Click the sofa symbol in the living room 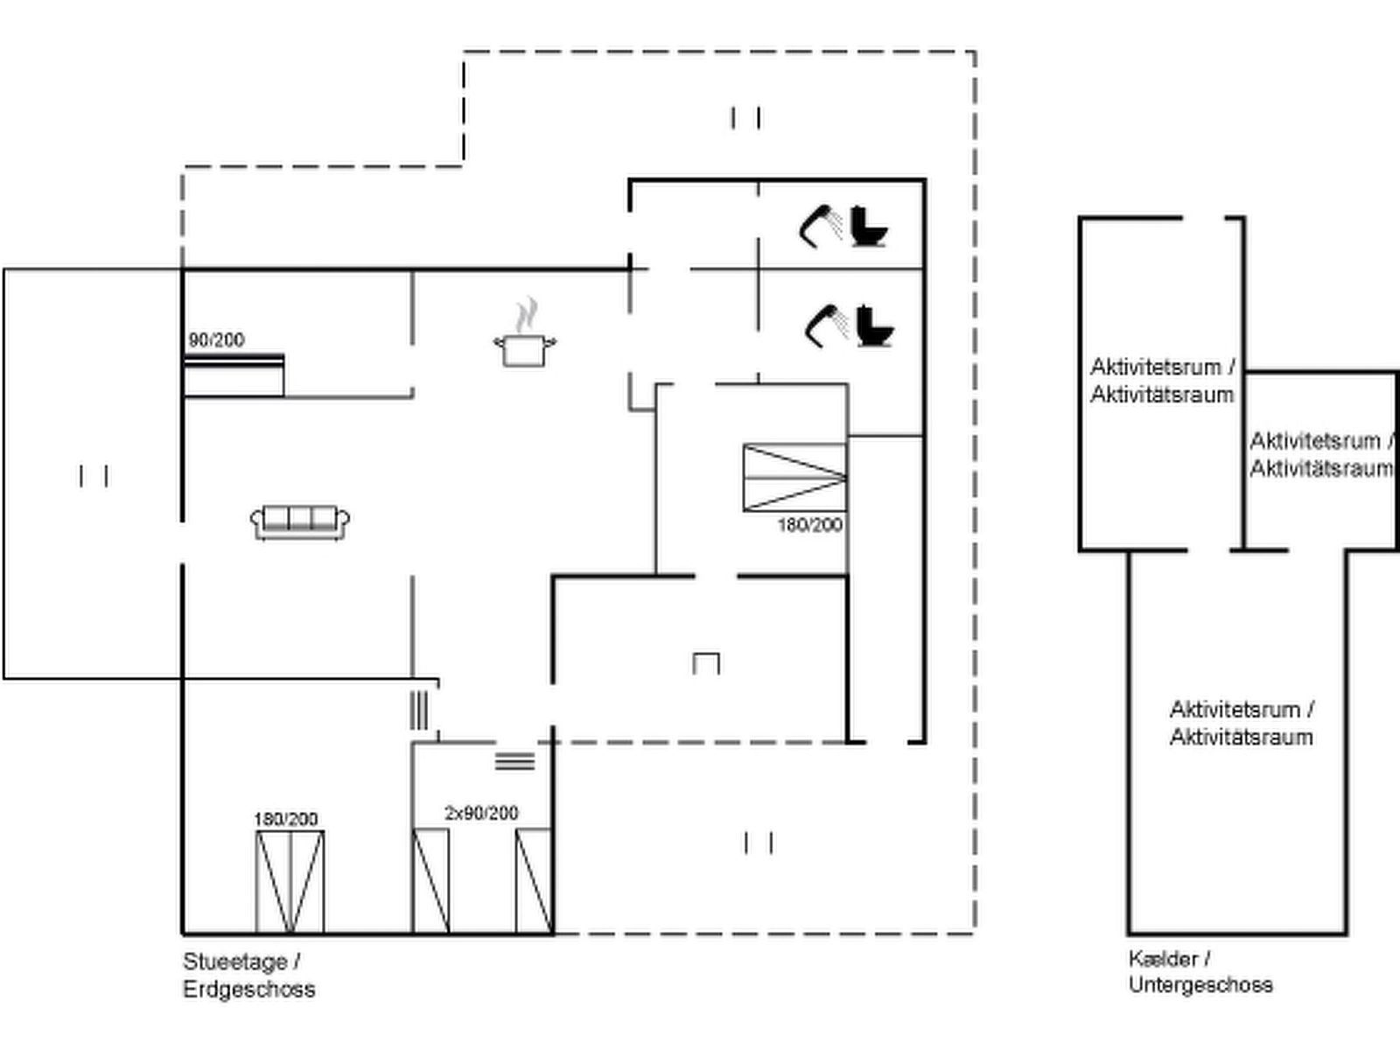click(x=300, y=522)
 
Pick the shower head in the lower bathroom click(x=825, y=324)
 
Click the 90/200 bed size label click(x=216, y=339)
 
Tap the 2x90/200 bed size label click(x=481, y=813)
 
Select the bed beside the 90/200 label click(x=234, y=374)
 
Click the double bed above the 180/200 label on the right click(x=794, y=477)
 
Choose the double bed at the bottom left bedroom click(x=290, y=882)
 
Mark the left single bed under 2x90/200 click(x=430, y=881)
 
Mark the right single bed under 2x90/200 click(x=533, y=881)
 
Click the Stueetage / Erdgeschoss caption click(x=248, y=975)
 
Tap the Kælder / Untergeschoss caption click(x=1200, y=971)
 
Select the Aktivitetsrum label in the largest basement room click(x=1241, y=723)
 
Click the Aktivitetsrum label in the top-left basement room click(x=1162, y=380)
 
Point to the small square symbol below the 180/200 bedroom click(x=706, y=663)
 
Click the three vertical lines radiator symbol click(x=419, y=710)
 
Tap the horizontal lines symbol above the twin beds click(x=514, y=761)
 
